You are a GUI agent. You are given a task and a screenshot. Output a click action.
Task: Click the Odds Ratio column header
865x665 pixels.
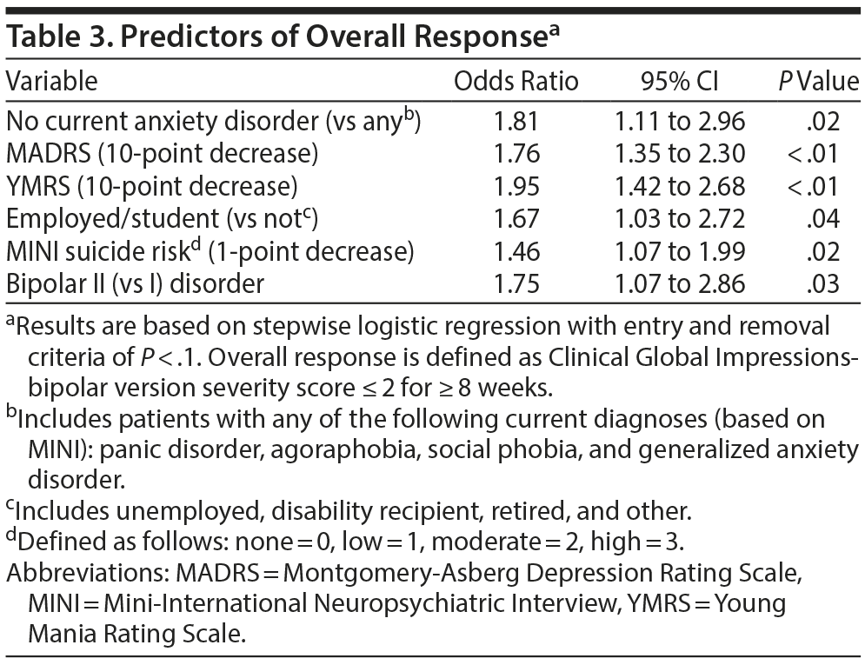pyautogui.click(x=516, y=82)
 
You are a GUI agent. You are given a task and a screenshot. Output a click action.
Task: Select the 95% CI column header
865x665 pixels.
pyautogui.click(x=680, y=82)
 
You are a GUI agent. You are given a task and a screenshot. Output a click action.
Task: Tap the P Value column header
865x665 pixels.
pyautogui.click(x=818, y=82)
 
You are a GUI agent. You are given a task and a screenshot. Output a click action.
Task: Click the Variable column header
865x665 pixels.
pyautogui.click(x=51, y=82)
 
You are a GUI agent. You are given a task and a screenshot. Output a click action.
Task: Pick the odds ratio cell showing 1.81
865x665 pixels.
pyautogui.click(x=516, y=122)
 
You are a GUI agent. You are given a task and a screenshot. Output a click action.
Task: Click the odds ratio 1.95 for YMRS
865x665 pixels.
pyautogui.click(x=516, y=186)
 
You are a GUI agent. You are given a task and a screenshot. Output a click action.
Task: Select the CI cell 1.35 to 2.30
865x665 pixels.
pyautogui.click(x=680, y=154)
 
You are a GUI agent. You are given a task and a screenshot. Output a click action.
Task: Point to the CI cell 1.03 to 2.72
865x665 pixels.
pyautogui.click(x=680, y=219)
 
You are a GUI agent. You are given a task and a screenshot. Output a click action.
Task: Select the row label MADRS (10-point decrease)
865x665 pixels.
pyautogui.click(x=162, y=154)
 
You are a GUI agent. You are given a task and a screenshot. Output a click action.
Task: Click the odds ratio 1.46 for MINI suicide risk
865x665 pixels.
pyautogui.click(x=516, y=251)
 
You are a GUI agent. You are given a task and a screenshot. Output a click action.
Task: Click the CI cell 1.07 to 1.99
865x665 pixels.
pyautogui.click(x=680, y=251)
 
